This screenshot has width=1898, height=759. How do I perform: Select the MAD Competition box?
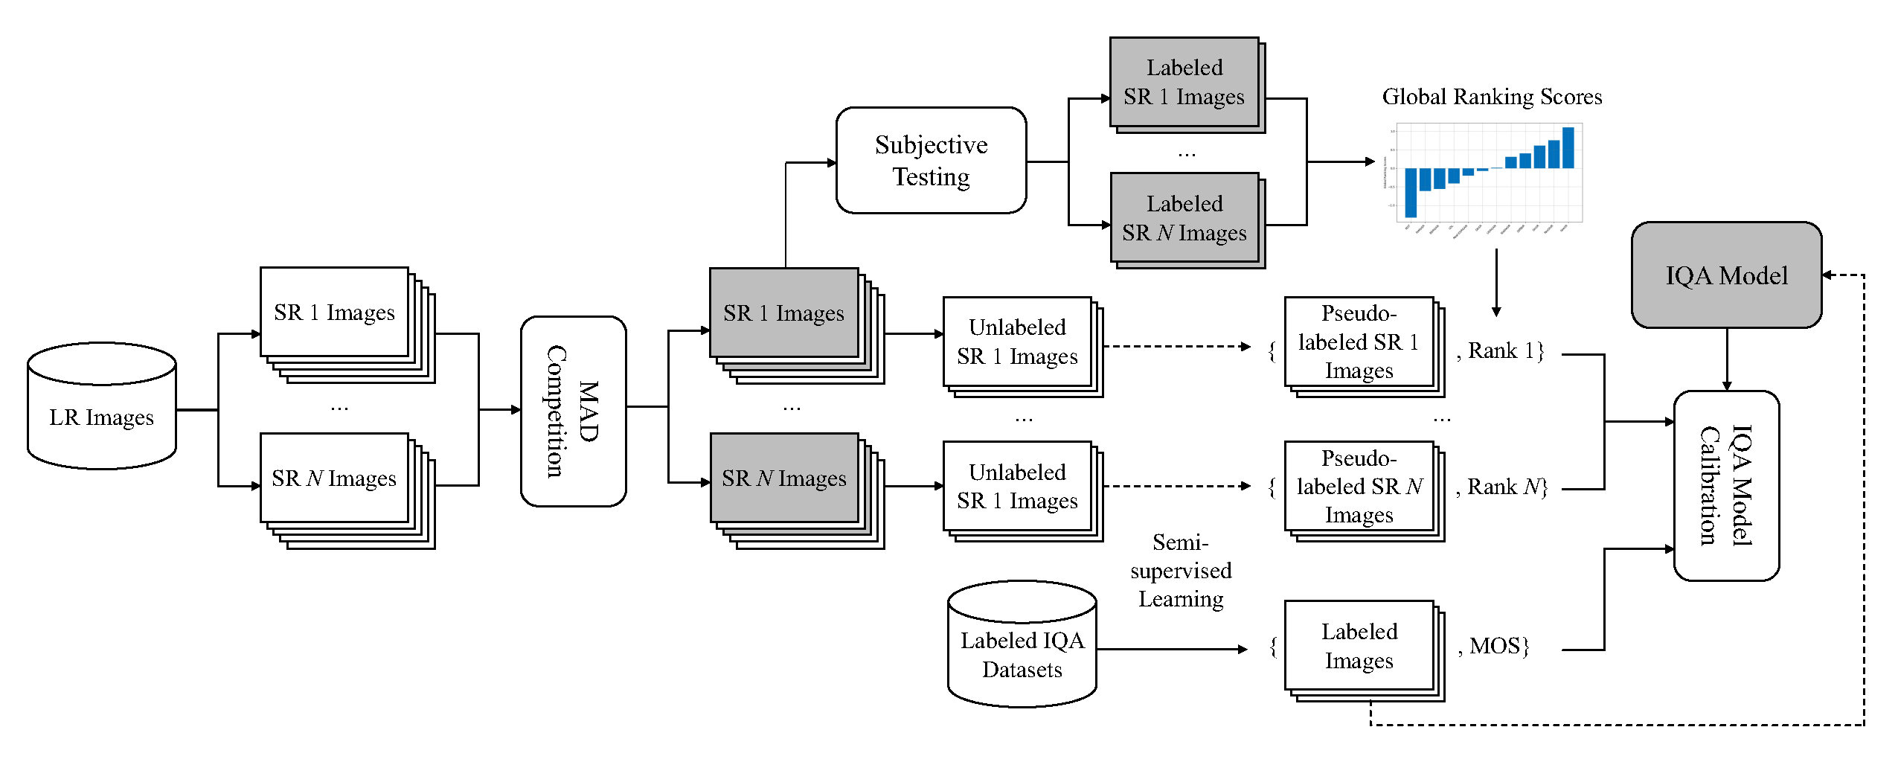pyautogui.click(x=573, y=411)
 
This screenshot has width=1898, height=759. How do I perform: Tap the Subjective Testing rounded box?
pyautogui.click(x=931, y=161)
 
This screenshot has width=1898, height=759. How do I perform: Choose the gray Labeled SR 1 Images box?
pyautogui.click(x=1184, y=82)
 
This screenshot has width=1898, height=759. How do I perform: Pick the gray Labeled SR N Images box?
pyautogui.click(x=1184, y=218)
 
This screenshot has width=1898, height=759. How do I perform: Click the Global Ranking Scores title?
pyautogui.click(x=1491, y=97)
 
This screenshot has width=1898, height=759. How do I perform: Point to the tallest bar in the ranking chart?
pyautogui.click(x=1568, y=147)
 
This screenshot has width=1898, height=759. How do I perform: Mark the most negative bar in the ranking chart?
pyautogui.click(x=1411, y=192)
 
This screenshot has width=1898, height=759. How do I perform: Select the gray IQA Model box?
pyautogui.click(x=1726, y=275)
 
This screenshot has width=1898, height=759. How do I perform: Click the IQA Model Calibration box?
pyautogui.click(x=1726, y=485)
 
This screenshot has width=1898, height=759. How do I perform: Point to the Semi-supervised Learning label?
pyautogui.click(x=1181, y=571)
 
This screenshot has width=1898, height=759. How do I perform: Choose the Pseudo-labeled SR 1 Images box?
pyautogui.click(x=1359, y=342)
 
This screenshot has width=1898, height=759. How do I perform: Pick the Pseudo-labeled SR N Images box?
pyautogui.click(x=1359, y=487)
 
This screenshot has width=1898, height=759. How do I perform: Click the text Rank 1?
pyautogui.click(x=1503, y=350)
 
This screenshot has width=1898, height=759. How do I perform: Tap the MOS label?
pyautogui.click(x=1495, y=646)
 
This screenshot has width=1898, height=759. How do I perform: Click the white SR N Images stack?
pyautogui.click(x=334, y=478)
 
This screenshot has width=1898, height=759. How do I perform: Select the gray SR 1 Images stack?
pyautogui.click(x=783, y=313)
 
